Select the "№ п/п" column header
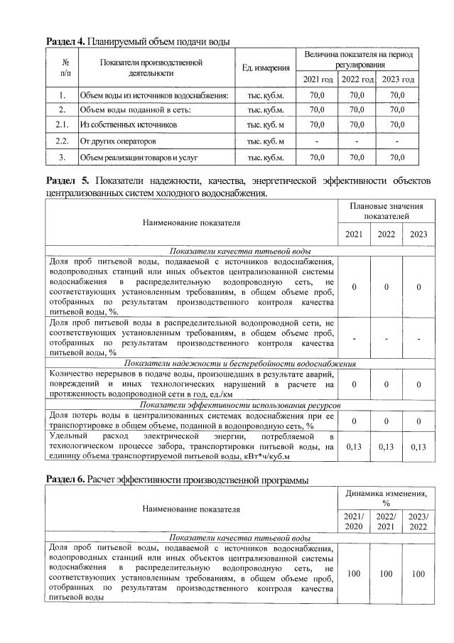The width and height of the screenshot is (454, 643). [x=65, y=67]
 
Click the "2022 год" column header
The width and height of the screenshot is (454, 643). [x=357, y=78]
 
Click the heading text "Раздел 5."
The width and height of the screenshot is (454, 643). [x=69, y=180]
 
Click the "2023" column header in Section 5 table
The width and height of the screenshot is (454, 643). [x=418, y=234]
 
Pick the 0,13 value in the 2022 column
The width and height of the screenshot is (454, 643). [x=385, y=446]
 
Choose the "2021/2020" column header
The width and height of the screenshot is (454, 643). [x=352, y=520]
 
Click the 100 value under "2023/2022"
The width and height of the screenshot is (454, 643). [x=418, y=573]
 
